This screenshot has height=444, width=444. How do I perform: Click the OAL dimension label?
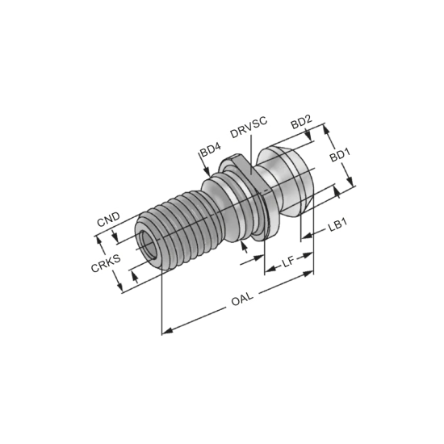click(241, 299)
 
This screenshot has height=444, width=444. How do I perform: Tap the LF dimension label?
click(287, 261)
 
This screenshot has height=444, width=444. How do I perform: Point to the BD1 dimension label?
click(340, 153)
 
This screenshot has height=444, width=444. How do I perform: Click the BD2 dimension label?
click(301, 121)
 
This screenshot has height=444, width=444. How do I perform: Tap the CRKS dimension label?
click(105, 264)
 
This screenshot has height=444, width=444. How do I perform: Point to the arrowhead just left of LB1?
click(304, 237)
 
